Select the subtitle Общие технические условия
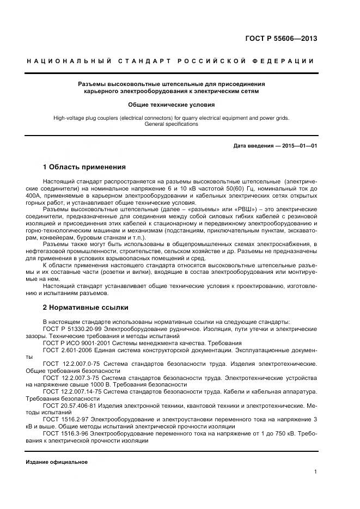point(171,104)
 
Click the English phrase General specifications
point(171,124)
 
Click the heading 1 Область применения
point(84,167)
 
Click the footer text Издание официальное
point(57,462)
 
